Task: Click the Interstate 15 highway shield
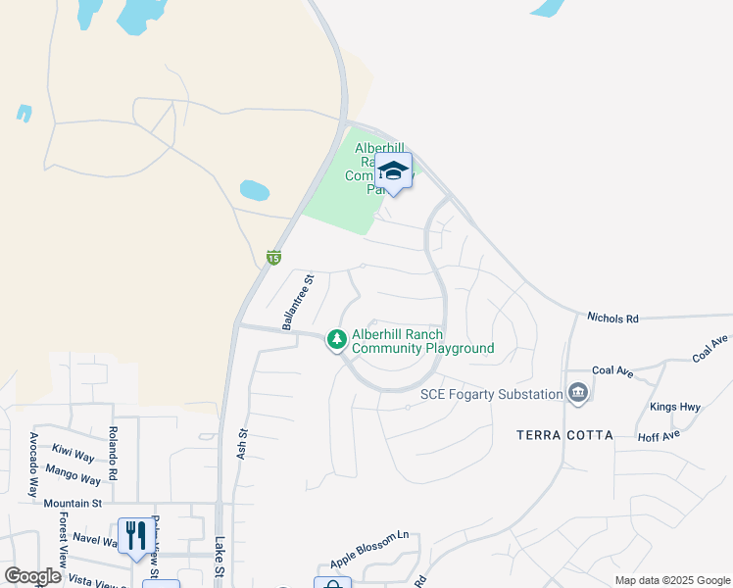coord(273,257)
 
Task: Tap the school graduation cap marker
coord(393,171)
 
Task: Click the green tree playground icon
coord(337,339)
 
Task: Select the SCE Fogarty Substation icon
coord(578,394)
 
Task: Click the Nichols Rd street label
coord(612,318)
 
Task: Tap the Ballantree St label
coord(298,303)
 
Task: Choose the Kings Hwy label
coord(675,406)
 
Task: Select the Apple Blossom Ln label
coord(369,550)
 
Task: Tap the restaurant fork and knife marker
coord(136,535)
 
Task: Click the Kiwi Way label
coord(73,456)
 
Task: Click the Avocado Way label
coord(33,464)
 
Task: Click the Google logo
coord(32,576)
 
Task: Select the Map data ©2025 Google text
coord(672,580)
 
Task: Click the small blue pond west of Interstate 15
coord(255,189)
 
